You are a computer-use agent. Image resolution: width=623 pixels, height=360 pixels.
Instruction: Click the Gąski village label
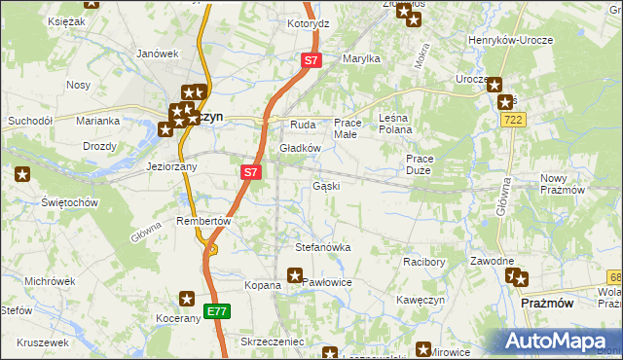click(x=326, y=186)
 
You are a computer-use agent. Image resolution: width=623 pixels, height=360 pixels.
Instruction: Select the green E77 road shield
click(x=217, y=311)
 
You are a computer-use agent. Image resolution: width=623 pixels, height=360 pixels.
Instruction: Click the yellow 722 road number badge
click(x=515, y=119)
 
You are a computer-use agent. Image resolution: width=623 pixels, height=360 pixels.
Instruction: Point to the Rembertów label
click(x=202, y=221)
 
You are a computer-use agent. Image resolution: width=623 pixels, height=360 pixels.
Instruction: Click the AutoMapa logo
click(x=559, y=341)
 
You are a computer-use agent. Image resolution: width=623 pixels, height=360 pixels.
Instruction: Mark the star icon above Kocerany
click(x=188, y=301)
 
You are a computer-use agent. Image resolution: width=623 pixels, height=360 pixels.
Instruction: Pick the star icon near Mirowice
click(x=423, y=349)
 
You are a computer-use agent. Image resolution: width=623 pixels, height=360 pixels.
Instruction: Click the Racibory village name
click(x=423, y=263)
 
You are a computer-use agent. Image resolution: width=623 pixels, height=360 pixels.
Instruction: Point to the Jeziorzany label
click(x=172, y=166)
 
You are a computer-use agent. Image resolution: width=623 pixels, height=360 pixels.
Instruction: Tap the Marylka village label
click(x=360, y=58)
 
